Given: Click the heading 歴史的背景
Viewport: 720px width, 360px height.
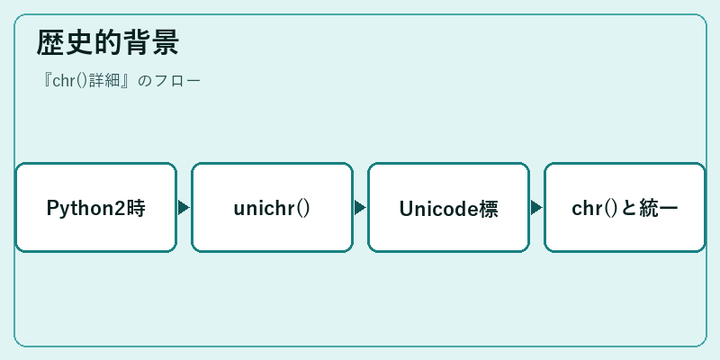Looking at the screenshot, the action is [107, 42].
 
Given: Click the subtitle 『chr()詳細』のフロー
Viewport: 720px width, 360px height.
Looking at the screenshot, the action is [121, 81].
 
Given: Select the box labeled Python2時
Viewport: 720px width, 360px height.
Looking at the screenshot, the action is [96, 208].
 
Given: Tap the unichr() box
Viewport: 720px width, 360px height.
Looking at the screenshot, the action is [273, 208].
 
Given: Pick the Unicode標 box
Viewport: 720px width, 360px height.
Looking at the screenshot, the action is [448, 208].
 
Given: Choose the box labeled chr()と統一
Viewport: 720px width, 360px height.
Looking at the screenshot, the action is [625, 208].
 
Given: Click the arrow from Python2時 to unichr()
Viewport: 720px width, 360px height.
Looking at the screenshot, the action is [184, 208].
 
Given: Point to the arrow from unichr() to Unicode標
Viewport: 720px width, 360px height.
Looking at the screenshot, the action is [361, 208].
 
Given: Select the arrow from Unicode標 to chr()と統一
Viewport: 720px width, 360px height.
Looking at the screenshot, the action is [536, 208].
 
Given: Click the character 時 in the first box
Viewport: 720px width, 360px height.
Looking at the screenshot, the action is [137, 209].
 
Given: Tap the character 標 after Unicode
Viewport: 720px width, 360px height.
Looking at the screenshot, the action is [489, 209].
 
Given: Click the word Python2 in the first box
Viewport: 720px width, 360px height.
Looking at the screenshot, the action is [86, 209].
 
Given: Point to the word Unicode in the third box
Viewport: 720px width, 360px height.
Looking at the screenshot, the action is [439, 209].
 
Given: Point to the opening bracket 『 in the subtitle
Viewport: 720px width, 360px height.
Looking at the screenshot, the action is [47, 80].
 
